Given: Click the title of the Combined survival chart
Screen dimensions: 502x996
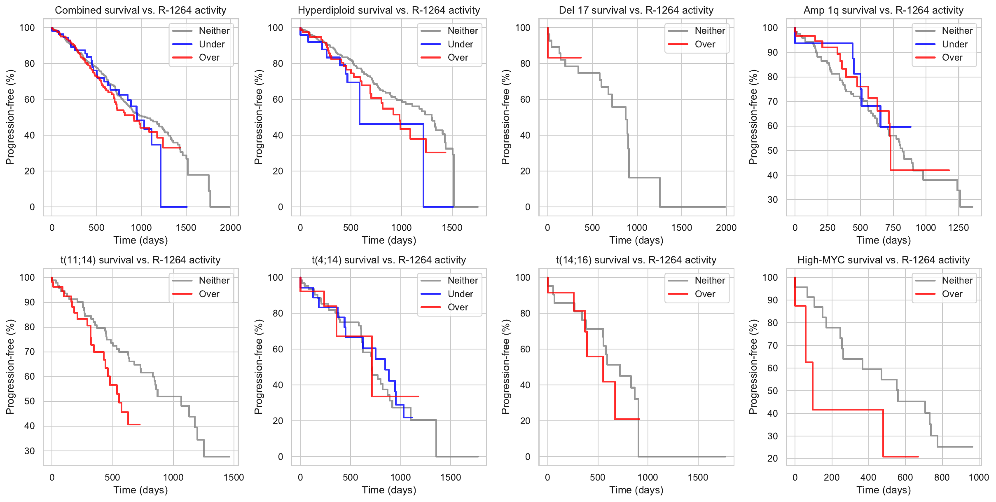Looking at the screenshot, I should point(140,10).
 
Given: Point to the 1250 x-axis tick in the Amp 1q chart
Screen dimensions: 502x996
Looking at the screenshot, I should point(959,228).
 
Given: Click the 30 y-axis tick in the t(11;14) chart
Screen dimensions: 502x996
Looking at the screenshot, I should point(30,451).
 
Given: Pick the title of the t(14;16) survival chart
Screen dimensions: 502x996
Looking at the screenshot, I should point(636,260).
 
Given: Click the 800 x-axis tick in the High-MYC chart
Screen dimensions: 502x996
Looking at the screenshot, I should point(942,477).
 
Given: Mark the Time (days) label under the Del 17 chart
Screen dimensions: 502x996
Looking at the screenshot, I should point(636,240).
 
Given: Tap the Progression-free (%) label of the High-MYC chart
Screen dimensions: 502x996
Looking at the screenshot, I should point(753,367).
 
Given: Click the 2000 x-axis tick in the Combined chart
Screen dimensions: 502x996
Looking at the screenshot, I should point(230,228).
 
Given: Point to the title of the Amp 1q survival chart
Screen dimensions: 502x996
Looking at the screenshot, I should point(883,10).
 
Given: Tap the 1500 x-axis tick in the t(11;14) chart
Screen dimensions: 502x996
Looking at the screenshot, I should point(234,477).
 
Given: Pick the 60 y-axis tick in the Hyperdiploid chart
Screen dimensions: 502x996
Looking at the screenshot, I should point(278,99).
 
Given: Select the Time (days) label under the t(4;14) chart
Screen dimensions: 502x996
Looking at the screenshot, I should point(389,490).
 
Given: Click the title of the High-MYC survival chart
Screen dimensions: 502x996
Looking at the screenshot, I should point(883,260).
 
